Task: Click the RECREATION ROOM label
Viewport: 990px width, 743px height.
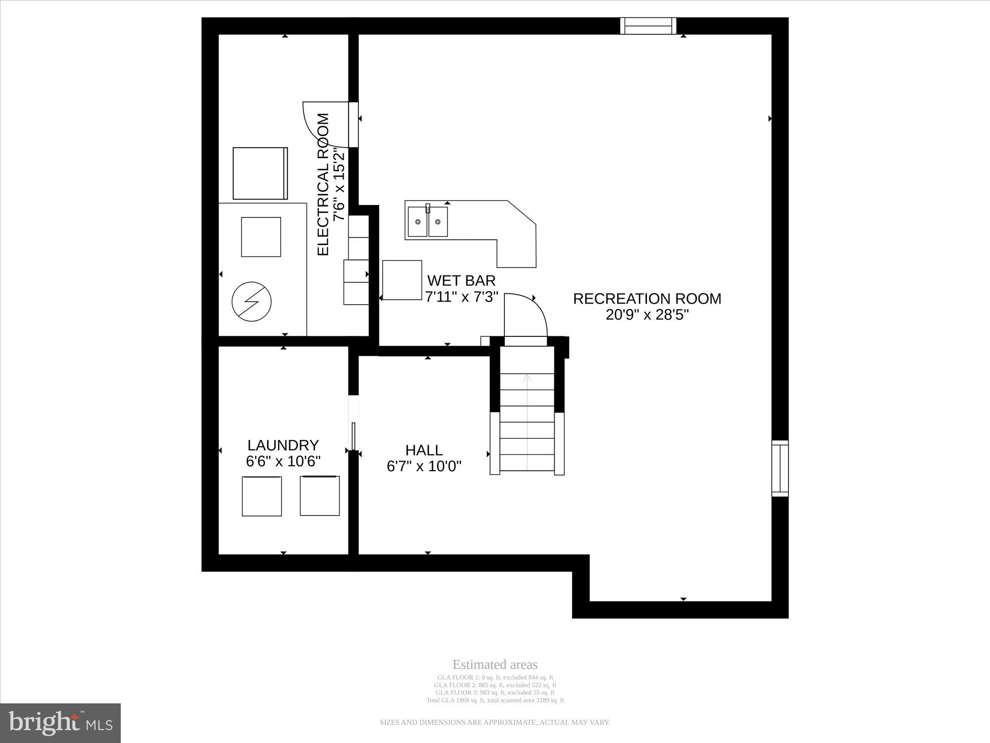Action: [x=647, y=299]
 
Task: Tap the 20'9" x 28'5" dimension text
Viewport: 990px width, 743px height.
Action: [x=647, y=315]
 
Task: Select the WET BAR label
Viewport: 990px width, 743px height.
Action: [x=461, y=281]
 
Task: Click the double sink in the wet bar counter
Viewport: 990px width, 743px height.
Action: [x=428, y=221]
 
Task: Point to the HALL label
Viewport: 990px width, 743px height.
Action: [x=424, y=450]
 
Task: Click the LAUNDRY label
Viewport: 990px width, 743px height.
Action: [x=283, y=445]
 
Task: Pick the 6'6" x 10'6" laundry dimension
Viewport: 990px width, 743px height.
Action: [x=283, y=461]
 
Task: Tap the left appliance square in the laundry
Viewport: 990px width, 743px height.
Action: [x=262, y=496]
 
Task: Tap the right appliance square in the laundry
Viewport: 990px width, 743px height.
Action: [x=320, y=495]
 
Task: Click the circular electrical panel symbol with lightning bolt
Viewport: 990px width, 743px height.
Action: [x=252, y=302]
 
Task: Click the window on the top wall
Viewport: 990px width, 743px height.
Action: [x=648, y=26]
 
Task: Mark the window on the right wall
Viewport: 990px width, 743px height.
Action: [x=780, y=468]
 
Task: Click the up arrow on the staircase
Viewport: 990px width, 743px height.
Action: [x=527, y=378]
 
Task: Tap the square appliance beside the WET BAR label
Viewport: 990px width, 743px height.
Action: [x=402, y=280]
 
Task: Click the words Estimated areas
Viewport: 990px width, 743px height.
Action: [x=495, y=665]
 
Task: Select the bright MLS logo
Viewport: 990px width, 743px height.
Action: [x=60, y=723]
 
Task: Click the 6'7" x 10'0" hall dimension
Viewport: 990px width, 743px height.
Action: [x=424, y=466]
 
